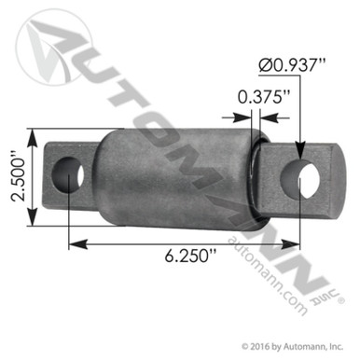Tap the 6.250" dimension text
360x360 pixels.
200,254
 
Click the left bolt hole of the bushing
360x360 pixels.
70,173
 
